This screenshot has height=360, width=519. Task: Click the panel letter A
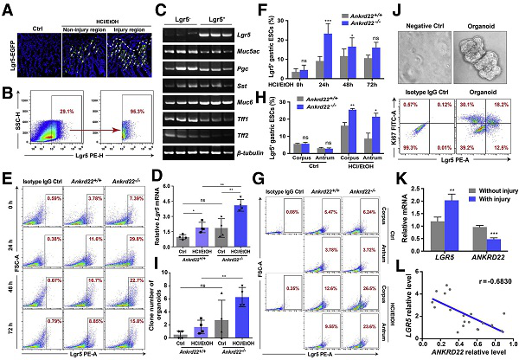tap(7, 7)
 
